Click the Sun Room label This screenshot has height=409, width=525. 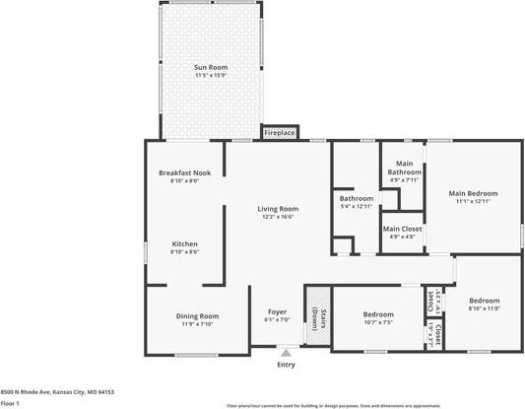tap(211, 67)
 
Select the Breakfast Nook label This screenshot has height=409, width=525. tap(185, 172)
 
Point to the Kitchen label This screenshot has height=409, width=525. tap(185, 243)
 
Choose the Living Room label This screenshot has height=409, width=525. tap(278, 209)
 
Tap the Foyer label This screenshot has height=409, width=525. tap(278, 311)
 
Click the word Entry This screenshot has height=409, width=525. tap(286, 365)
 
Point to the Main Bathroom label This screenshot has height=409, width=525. tap(404, 168)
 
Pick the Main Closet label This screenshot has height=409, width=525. tap(403, 229)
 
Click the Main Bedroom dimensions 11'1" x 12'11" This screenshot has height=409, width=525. tap(474, 201)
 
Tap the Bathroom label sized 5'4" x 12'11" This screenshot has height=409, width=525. tap(356, 198)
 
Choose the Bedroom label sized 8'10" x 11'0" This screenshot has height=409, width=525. tap(484, 301)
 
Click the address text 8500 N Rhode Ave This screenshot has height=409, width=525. tap(57, 391)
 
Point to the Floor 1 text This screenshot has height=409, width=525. tap(12, 402)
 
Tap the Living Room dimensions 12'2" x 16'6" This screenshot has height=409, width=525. tap(278, 217)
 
